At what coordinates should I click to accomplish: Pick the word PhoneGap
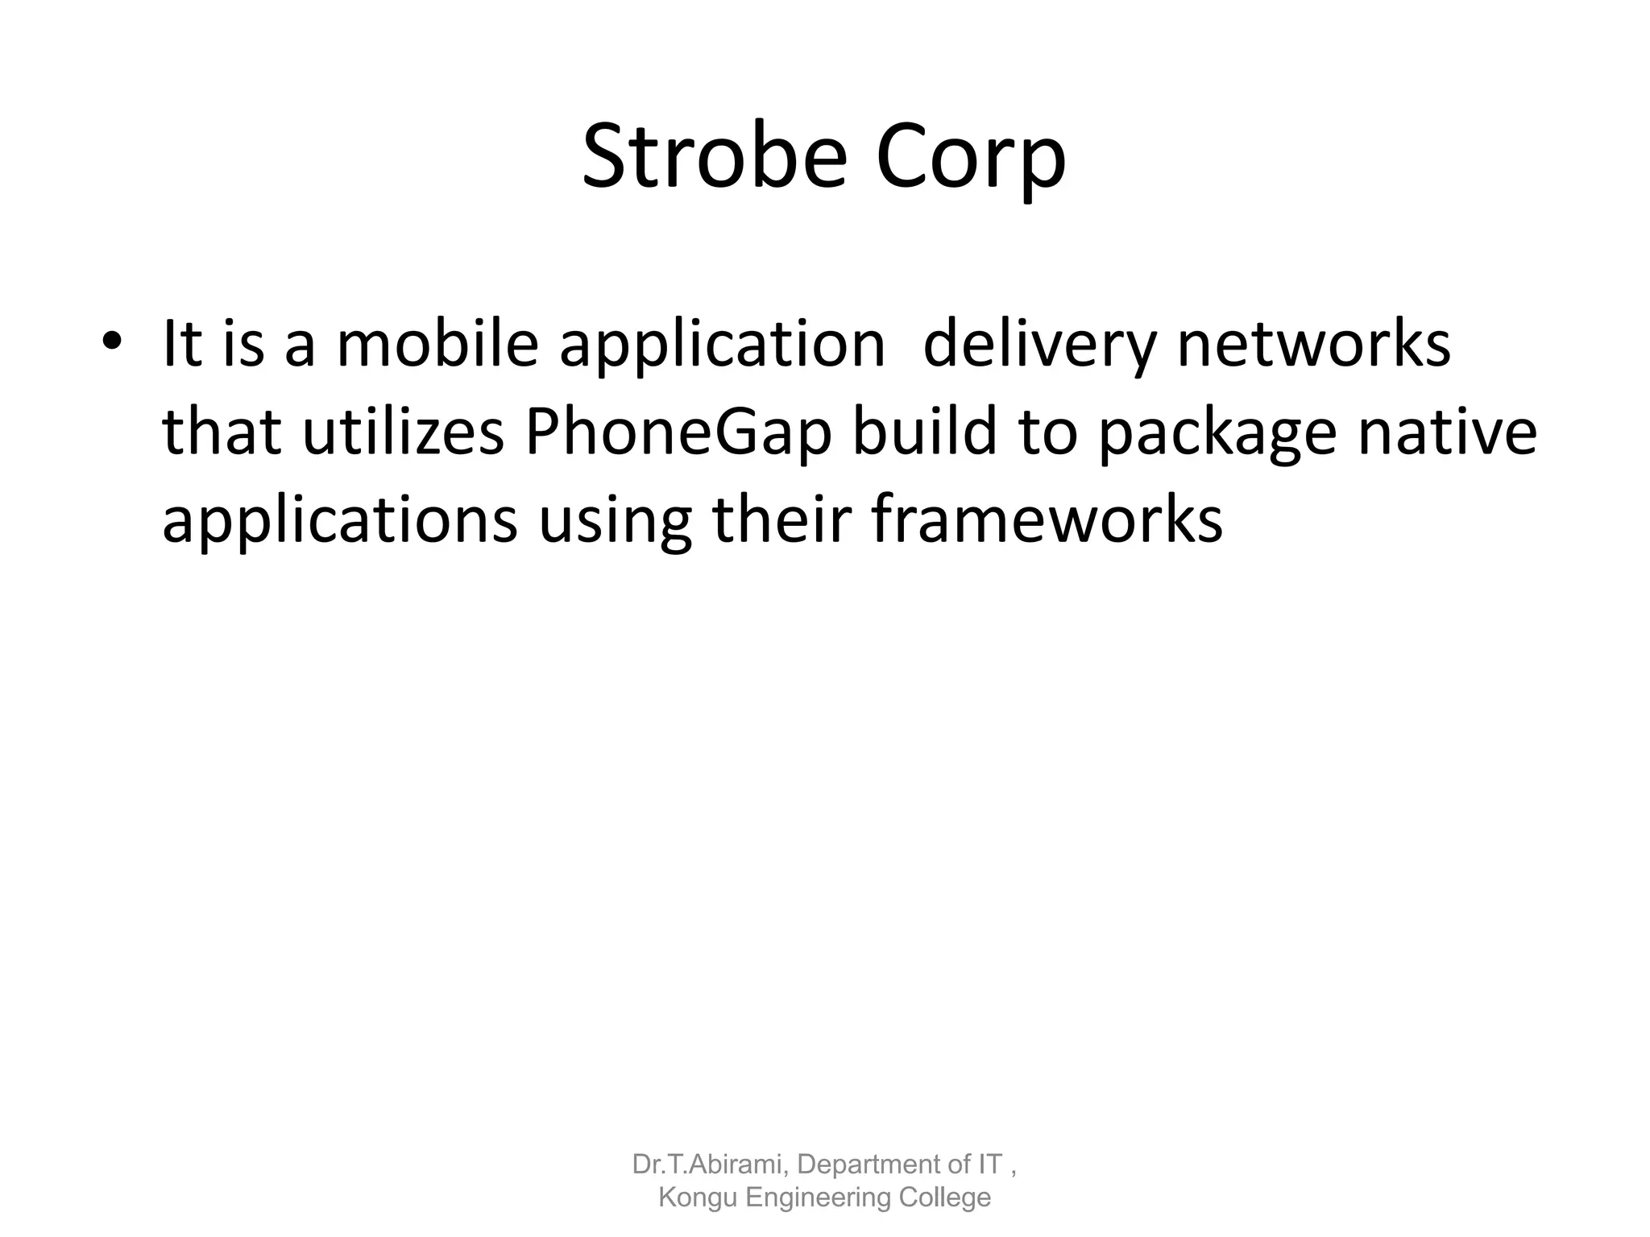tap(678, 433)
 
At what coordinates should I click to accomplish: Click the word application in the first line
tap(723, 345)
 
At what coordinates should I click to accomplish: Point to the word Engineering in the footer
tap(818, 1198)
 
